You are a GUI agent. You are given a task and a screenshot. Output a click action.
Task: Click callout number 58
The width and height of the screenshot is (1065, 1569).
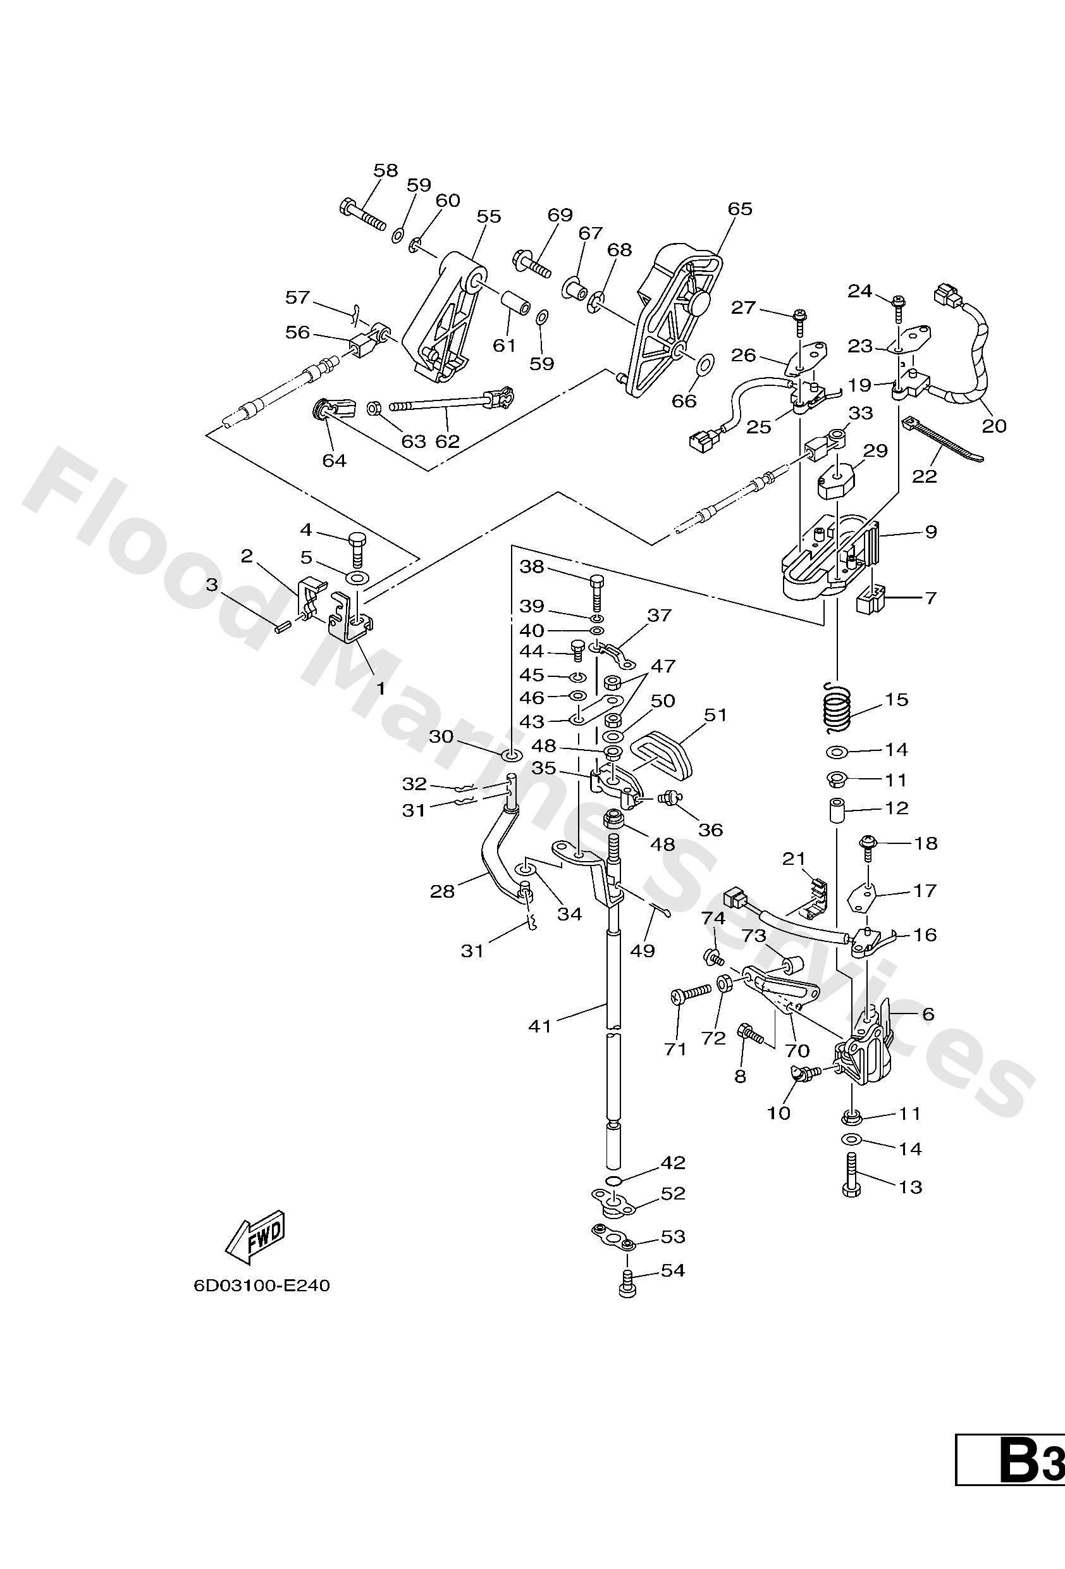[385, 170]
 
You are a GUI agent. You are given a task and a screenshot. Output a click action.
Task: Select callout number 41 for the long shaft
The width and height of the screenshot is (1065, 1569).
[540, 1026]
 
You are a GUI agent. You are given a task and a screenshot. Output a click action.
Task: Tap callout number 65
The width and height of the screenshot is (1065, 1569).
[740, 209]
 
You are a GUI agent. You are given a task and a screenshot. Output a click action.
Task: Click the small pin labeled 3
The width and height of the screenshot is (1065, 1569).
[281, 627]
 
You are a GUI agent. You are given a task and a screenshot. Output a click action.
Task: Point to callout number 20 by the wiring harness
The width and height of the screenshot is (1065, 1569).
[994, 426]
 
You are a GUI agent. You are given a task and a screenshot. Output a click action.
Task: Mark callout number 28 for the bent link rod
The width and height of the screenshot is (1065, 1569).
[442, 891]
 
